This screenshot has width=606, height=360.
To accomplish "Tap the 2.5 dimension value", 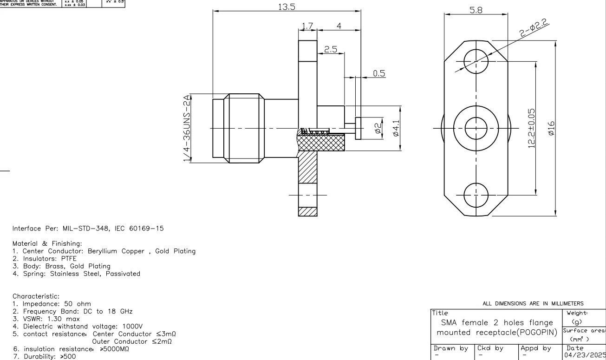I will tap(330, 50).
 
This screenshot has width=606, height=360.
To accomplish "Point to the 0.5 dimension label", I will tap(379, 74).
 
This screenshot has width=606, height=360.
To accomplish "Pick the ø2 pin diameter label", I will tap(378, 128).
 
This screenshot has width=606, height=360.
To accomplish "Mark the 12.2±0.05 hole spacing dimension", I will tap(531, 128).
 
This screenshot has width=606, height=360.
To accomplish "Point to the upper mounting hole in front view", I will tap(476, 62).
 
